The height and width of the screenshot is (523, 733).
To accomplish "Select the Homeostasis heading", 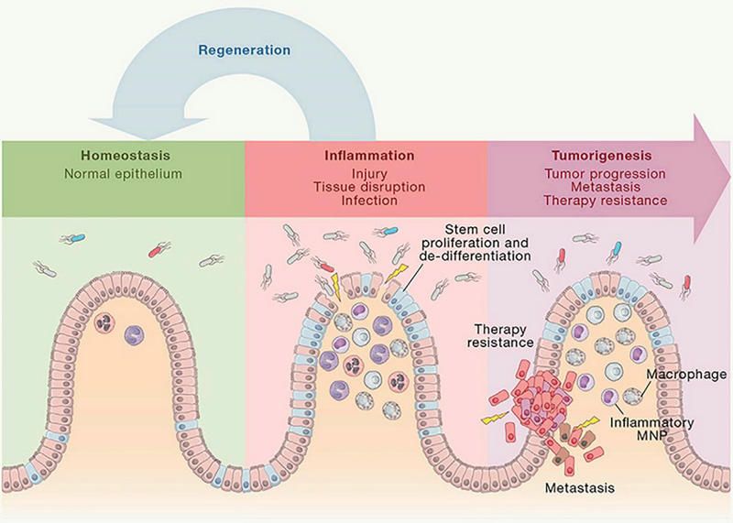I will (120, 156).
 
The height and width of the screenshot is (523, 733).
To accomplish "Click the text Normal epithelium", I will (120, 172).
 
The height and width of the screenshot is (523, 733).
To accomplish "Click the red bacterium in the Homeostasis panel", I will (158, 248).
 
